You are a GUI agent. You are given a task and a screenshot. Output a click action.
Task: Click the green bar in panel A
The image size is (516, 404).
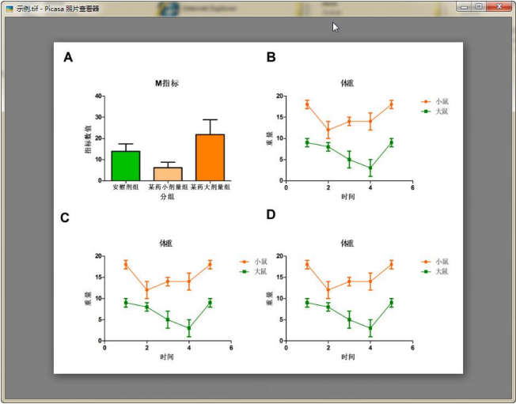pos(125,165)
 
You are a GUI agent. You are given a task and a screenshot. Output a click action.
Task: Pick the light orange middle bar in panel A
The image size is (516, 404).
pos(167,174)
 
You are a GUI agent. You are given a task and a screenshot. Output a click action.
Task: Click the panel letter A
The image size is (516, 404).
pos(68,57)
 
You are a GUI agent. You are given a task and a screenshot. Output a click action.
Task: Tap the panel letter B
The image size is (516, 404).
pos(271,57)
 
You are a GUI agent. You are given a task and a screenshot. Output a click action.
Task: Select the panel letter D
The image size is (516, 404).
pos(271,215)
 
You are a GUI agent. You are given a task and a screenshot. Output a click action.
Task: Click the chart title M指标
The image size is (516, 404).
pos(166,83)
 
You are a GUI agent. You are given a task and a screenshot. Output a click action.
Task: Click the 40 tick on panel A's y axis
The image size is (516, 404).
pos(98,96)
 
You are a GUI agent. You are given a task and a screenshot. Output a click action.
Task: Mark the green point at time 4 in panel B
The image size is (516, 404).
pos(370,168)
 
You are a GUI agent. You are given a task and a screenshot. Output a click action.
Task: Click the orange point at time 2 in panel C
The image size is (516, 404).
pos(146,289)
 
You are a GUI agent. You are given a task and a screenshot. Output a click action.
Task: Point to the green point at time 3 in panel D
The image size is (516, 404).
pos(349,319)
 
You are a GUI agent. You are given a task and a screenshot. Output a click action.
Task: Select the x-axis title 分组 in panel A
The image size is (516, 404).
pos(166,196)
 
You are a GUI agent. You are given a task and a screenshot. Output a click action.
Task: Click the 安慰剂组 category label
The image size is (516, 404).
pos(125,187)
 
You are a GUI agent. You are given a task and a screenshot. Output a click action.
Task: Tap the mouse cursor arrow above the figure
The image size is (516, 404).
pos(336,27)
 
